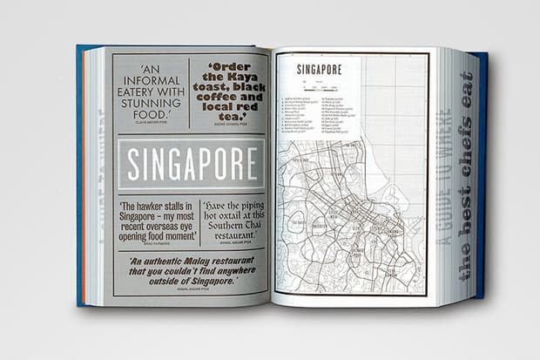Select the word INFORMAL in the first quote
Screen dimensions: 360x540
pos(150,76)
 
